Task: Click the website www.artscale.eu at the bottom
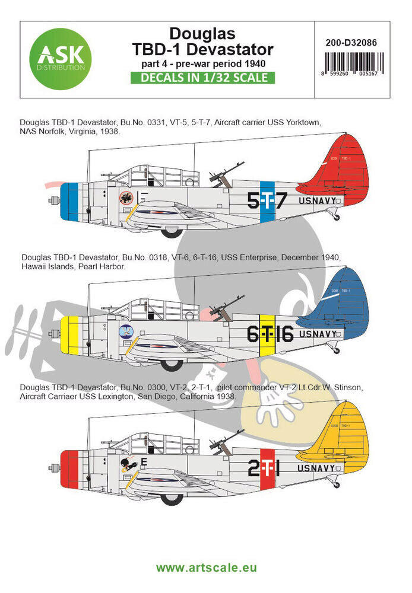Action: pos(205,568)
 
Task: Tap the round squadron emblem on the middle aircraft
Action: pos(126,333)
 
